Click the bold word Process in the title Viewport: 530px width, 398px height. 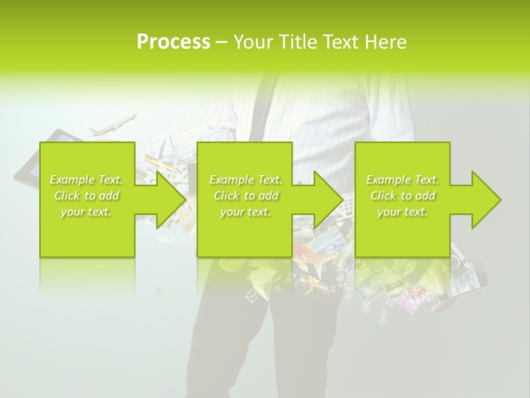tap(173, 42)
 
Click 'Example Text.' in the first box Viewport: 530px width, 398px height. tap(86, 180)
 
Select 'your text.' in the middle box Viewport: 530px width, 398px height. tap(246, 212)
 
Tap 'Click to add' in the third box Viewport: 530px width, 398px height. tap(403, 196)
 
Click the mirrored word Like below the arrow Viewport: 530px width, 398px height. tap(169, 239)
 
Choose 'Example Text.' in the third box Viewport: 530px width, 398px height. tap(402, 180)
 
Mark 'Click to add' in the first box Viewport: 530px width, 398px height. tap(87, 196)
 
